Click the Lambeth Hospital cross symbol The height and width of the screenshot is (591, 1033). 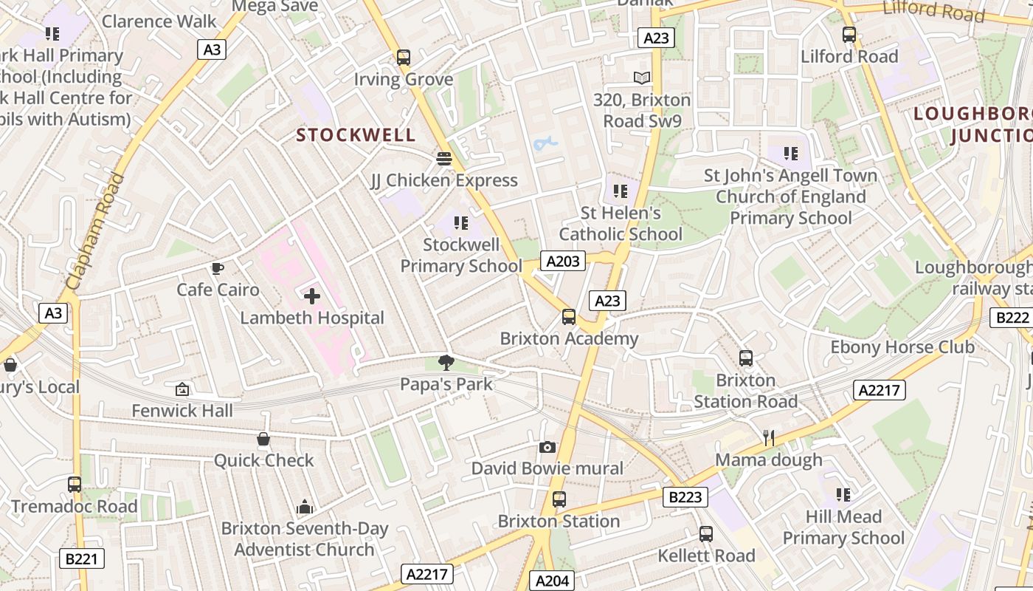coord(312,297)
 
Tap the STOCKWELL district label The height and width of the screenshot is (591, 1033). coord(356,135)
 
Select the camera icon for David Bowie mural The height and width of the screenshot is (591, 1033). coord(547,447)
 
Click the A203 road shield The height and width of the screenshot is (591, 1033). coord(563,260)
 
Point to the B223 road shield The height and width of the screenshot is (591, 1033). coord(685,497)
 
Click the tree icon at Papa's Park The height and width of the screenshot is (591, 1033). coord(446,362)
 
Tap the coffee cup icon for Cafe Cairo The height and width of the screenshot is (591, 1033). coord(217,268)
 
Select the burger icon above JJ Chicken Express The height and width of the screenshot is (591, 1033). coord(443,158)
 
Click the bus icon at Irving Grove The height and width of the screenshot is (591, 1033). coord(403,57)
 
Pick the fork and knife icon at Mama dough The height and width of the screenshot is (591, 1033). coord(768,437)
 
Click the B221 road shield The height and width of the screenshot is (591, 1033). coord(81,558)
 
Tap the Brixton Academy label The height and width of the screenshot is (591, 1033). coord(569,338)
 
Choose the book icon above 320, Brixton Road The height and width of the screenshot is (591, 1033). coord(642,78)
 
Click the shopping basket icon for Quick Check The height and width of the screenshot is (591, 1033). coord(263,440)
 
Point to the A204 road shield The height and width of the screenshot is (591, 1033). coord(552,581)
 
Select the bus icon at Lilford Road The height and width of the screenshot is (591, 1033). coord(849,34)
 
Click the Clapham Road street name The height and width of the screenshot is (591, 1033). coord(94,231)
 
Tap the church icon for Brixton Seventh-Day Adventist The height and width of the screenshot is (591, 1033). coord(304,507)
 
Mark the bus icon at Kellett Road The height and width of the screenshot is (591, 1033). coord(706,533)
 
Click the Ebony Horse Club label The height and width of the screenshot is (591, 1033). coord(902,347)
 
